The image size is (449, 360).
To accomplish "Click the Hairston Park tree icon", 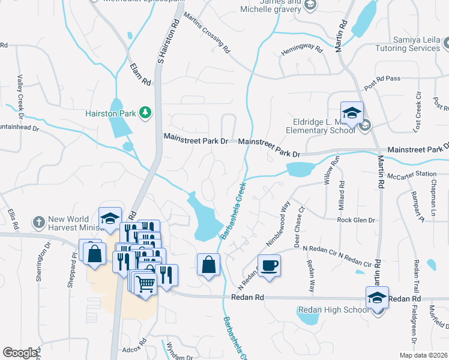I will coord(145,112).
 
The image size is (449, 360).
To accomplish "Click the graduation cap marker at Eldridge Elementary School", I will coord(352,113).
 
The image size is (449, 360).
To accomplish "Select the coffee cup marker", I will coord(270,265).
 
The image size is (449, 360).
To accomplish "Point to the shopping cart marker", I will coord(146,283).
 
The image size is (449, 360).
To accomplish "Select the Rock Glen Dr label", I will coord(356,220).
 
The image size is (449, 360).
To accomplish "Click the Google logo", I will coord(20,353).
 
